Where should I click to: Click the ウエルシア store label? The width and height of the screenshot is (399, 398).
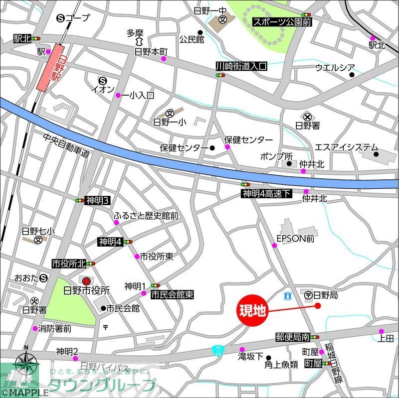pos(335,68)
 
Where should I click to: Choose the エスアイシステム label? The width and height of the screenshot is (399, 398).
pos(346,147)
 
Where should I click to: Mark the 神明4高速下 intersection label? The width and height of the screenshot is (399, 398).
pos(266,193)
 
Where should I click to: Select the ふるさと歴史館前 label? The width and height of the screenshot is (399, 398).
pos(146,216)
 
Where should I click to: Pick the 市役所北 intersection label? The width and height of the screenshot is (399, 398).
pos(69,263)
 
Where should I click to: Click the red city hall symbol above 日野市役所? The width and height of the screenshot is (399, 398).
pos(87,281)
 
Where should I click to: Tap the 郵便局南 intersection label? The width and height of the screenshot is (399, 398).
pos(293,337)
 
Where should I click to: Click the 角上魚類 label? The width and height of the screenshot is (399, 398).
pos(281,364)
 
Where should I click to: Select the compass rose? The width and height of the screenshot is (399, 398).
pos(26,364)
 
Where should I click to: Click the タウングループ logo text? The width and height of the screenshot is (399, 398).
pos(102,385)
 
